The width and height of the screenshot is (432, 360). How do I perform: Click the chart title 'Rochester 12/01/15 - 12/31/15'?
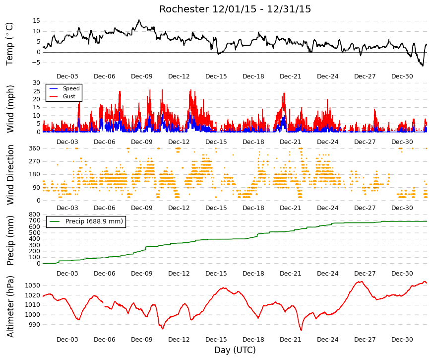tap(235, 9)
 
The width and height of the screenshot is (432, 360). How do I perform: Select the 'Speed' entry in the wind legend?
tap(71, 88)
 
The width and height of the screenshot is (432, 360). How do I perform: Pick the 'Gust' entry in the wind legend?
tap(69, 96)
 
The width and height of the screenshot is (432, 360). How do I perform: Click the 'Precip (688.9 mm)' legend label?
tap(94, 221)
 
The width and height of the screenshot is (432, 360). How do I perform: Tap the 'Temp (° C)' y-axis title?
tap(9, 44)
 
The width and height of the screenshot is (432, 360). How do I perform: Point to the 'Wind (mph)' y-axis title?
tap(10, 109)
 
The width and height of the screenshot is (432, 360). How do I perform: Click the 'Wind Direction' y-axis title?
tap(10, 175)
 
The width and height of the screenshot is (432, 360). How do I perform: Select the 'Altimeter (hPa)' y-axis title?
tap(10, 306)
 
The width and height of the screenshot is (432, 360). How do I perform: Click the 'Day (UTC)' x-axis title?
tap(235, 350)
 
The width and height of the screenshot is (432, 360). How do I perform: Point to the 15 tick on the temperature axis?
tap(37, 21)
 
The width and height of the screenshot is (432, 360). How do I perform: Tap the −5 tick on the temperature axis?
tap(35, 63)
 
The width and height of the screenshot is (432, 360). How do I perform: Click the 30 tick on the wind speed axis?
tap(37, 83)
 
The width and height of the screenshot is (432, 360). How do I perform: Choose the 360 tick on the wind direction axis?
tap(35, 148)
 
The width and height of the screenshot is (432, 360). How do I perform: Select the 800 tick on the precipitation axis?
tap(35, 215)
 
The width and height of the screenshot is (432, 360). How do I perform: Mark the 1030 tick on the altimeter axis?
tap(33, 285)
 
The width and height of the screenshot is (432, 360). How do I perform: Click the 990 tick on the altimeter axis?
tap(35, 325)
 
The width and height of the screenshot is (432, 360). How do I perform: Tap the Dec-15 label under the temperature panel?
tap(216, 76)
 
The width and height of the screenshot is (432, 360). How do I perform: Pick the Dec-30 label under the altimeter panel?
tap(402, 340)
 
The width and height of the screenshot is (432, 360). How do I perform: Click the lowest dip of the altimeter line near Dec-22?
tap(301, 330)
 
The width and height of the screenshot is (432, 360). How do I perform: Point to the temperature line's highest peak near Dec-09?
tap(139, 20)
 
